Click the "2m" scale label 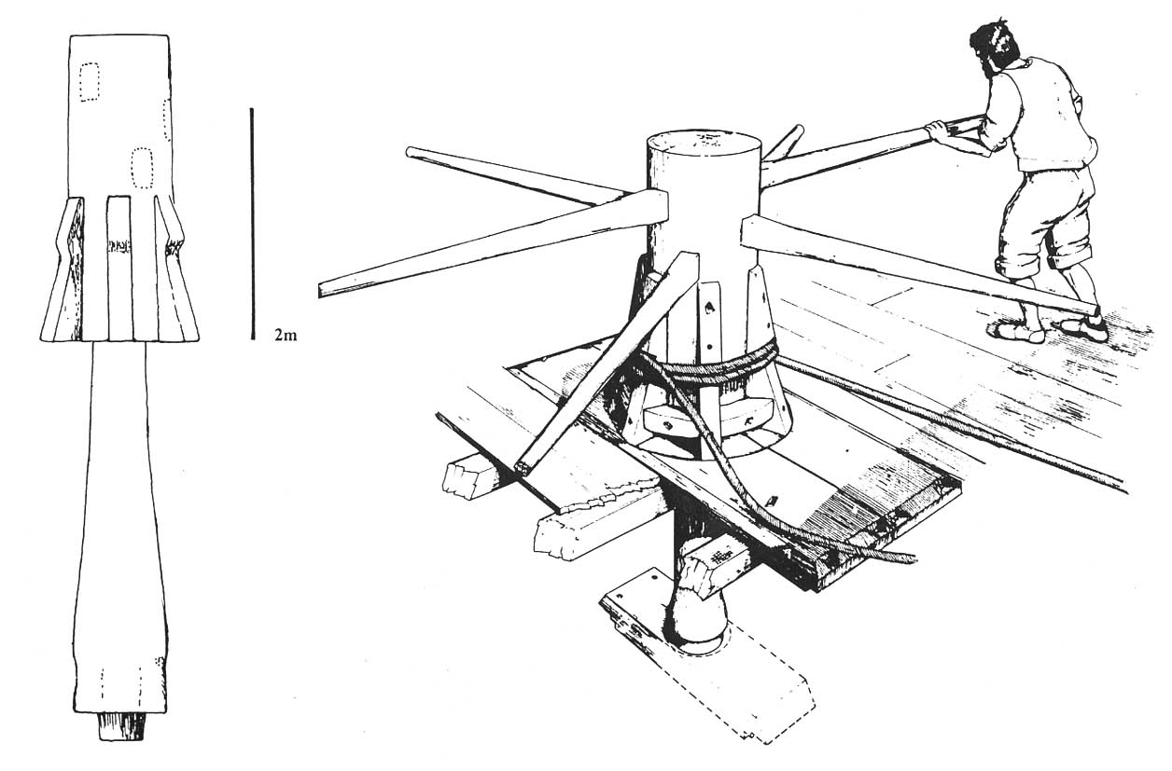pyautogui.click(x=286, y=335)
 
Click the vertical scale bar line pyautogui.click(x=252, y=224)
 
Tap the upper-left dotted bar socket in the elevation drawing pyautogui.click(x=90, y=82)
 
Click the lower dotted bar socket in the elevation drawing pyautogui.click(x=141, y=168)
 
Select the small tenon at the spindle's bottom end pyautogui.click(x=122, y=726)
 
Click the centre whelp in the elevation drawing pyautogui.click(x=119, y=268)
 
